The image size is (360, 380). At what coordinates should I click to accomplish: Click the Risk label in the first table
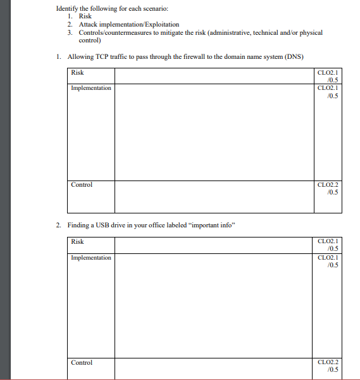click(77, 73)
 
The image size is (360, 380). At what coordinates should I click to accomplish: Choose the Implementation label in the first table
click(91, 88)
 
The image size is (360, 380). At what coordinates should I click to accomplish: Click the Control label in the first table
click(81, 185)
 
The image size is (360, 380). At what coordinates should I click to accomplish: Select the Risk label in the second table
click(77, 242)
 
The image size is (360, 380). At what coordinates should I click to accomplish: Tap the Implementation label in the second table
click(91, 258)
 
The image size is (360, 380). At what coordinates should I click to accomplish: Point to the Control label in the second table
click(81, 363)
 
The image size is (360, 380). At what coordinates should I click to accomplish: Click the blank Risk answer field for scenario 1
click(213, 75)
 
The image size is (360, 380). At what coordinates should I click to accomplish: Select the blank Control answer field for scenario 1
click(213, 196)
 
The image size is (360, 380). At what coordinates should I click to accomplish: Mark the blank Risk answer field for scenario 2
click(213, 245)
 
